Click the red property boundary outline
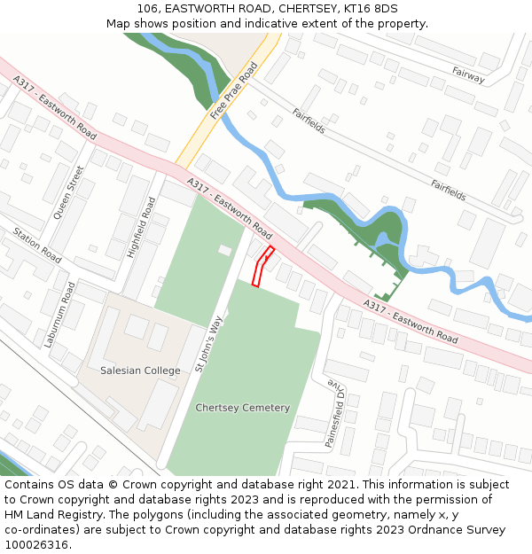[x=262, y=267]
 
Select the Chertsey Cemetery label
[x=243, y=408]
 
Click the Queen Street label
[x=69, y=192]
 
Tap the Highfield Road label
[x=141, y=228]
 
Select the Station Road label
[x=37, y=246]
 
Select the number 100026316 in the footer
[x=36, y=544]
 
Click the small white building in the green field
[x=225, y=251]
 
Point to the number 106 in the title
[x=148, y=8]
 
